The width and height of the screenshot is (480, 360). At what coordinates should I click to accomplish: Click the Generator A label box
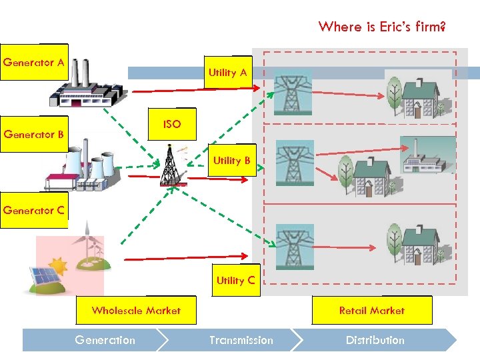[33, 63]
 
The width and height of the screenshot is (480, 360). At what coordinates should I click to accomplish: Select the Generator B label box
[33, 134]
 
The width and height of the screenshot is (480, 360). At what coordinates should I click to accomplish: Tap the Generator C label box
[33, 210]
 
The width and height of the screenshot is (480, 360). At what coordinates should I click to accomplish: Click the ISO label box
[171, 125]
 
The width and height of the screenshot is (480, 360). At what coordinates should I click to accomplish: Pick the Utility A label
[227, 73]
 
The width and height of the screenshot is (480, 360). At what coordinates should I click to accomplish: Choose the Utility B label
[231, 161]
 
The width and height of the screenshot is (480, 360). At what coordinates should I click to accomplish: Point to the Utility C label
[235, 281]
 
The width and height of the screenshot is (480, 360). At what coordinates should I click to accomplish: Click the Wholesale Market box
[136, 311]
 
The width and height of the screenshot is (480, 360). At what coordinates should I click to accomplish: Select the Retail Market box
[371, 311]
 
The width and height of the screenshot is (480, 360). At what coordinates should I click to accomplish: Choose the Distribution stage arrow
[375, 340]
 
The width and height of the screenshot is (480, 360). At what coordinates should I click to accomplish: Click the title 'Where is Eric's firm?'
[382, 27]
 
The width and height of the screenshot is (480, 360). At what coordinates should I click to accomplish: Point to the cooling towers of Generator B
[90, 167]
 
